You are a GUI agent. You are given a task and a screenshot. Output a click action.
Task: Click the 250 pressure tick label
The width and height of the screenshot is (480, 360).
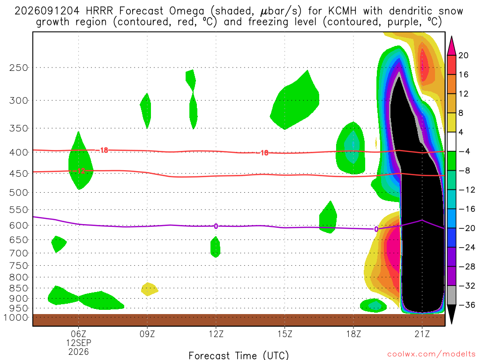[x=19, y=67]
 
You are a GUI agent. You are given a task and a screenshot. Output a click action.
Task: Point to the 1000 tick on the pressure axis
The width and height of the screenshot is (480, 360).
[x=16, y=318]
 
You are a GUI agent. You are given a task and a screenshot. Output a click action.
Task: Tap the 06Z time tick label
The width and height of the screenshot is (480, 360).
[x=79, y=334]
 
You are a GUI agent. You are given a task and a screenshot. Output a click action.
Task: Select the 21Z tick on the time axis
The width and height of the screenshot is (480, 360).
[x=422, y=334]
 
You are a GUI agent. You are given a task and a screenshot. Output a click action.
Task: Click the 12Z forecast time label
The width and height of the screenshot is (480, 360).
[x=216, y=334]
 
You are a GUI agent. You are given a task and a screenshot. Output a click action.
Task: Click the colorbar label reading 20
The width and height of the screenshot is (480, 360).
[x=464, y=55]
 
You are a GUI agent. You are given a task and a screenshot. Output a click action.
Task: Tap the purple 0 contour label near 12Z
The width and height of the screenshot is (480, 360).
[x=216, y=226]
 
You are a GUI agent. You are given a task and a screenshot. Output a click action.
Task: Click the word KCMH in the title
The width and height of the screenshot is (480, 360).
[x=342, y=11]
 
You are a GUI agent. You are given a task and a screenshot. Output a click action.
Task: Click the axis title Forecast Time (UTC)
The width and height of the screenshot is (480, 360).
[x=239, y=355]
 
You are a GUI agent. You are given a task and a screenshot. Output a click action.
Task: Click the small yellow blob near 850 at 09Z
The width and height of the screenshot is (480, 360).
[x=150, y=289]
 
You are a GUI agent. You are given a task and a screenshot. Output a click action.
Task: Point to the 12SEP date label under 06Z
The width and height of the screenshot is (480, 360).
[x=79, y=343]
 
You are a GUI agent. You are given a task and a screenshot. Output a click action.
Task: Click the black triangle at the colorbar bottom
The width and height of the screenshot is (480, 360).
[x=451, y=314]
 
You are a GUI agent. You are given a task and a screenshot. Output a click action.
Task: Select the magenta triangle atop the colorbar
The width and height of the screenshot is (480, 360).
[x=451, y=46]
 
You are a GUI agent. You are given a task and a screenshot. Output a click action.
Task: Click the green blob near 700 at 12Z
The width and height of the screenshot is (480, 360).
[x=215, y=247]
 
